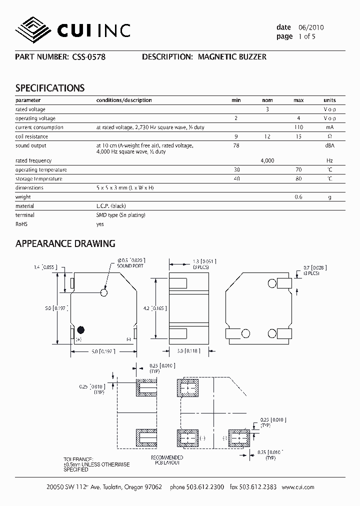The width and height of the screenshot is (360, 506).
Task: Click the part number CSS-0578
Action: [87, 57]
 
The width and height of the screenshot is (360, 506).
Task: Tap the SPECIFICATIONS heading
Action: [50, 88]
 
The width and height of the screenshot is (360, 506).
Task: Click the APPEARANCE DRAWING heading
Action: [65, 244]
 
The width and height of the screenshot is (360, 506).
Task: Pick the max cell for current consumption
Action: [299, 127]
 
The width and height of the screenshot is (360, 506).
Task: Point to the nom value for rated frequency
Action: [267, 160]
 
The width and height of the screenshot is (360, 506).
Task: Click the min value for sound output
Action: [236, 145]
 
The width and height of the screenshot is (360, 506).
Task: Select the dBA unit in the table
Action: [329, 145]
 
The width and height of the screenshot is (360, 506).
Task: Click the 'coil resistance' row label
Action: [32, 136]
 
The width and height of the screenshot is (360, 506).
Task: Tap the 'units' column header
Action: [329, 100]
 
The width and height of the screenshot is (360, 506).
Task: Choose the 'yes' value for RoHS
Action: [100, 224]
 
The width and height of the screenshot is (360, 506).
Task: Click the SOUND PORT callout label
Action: [131, 266]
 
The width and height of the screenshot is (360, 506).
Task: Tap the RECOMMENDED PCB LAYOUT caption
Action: [166, 460]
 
